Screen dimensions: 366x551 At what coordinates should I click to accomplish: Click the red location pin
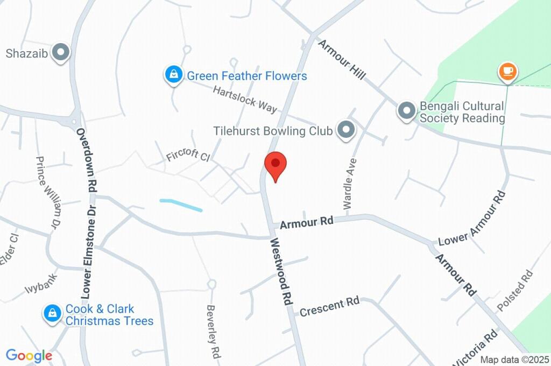275,164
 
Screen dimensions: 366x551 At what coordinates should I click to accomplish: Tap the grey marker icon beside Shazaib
61,53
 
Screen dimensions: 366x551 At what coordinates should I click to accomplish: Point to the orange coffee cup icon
507,71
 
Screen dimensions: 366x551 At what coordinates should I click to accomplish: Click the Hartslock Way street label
245,98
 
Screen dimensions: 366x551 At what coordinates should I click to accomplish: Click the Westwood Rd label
281,272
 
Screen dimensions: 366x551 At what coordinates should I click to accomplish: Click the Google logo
29,355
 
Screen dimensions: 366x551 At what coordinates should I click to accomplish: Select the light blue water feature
181,205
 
